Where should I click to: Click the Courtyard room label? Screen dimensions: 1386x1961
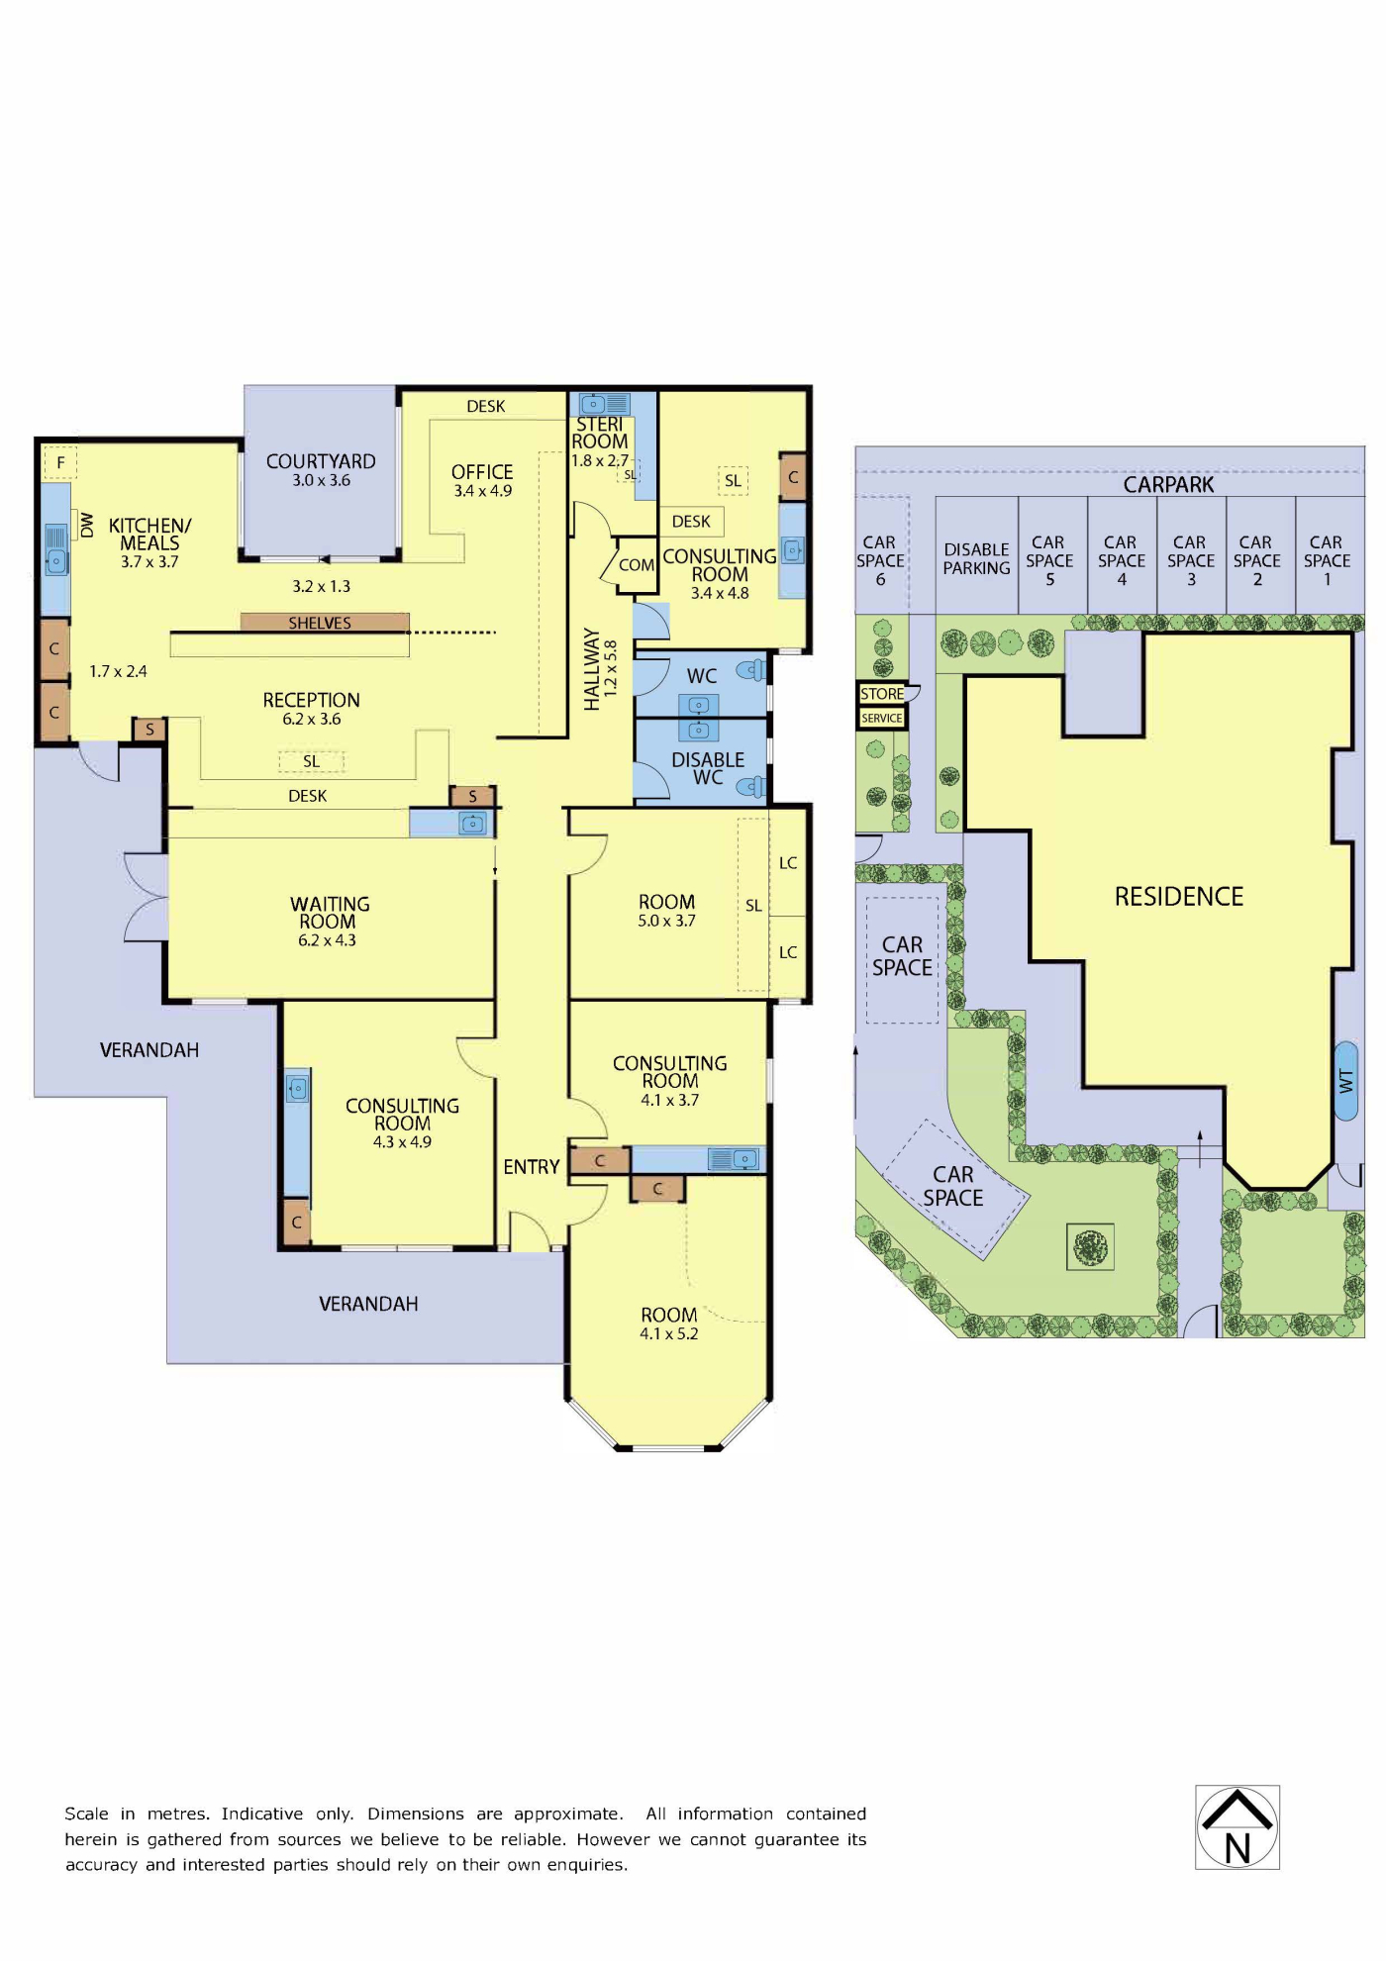321,461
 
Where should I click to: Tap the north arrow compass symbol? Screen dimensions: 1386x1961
1237,1826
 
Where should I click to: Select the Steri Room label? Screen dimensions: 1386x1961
600,433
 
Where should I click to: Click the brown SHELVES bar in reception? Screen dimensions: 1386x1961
325,623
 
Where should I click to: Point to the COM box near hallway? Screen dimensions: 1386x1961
636,565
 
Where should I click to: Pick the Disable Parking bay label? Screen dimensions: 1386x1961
976,558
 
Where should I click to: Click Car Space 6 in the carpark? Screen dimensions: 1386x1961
880,560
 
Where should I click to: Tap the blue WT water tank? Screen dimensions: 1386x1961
1345,1081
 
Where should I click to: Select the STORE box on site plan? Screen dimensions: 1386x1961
882,694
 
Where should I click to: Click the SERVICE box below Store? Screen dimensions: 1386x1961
882,718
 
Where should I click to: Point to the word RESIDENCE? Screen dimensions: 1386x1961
1178,897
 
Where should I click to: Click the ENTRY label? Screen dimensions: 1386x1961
532,1167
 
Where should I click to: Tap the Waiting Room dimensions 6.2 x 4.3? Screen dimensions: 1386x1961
327,940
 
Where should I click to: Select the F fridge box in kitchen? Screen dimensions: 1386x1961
60,462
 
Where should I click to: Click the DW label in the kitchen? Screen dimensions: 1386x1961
86,525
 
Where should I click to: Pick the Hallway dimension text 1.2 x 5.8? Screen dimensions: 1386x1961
611,668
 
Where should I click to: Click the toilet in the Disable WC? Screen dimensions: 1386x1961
752,788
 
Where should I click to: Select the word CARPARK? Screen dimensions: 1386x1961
1168,485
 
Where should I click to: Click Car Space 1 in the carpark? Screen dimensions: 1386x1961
1327,560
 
